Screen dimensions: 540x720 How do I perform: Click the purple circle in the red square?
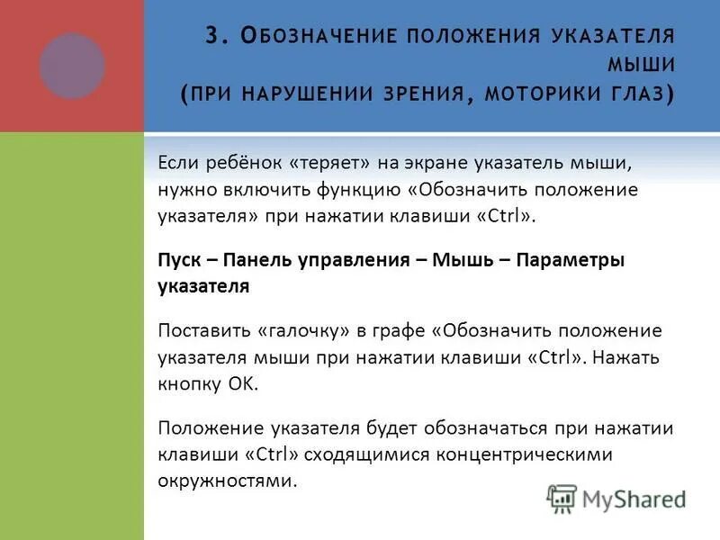coord(72,66)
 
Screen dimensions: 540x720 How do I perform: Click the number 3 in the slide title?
coord(211,36)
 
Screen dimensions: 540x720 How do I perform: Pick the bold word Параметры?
coord(571,260)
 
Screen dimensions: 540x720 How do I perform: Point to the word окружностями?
coord(227,480)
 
